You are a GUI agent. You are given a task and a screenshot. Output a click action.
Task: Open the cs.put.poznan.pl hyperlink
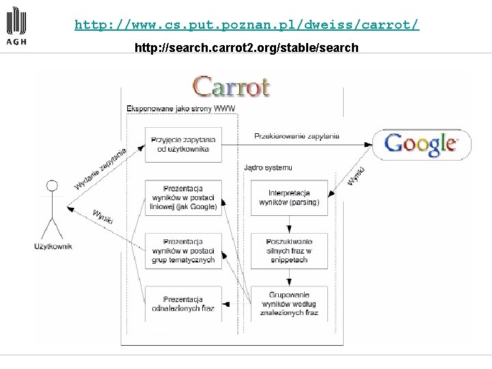[247, 25]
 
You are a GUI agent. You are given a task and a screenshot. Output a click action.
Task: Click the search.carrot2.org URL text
[247, 48]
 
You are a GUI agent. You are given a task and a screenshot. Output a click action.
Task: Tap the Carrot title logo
[232, 87]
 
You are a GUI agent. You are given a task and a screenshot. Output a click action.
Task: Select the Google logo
[422, 143]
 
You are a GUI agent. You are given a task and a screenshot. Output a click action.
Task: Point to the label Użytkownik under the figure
[53, 246]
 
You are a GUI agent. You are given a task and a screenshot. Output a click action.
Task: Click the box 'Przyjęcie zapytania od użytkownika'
[183, 144]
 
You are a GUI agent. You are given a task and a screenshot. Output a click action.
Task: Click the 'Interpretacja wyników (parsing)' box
[288, 197]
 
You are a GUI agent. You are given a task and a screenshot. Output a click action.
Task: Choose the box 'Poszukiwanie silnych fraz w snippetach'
[288, 251]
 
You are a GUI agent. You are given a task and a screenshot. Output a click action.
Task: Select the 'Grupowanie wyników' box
[288, 304]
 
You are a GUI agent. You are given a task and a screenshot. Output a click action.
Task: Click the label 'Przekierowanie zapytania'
[297, 136]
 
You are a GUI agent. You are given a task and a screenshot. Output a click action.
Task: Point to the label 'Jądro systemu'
[268, 167]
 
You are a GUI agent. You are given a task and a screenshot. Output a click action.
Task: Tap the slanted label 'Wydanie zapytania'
[100, 169]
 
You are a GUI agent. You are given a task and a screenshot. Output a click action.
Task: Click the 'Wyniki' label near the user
[102, 217]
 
